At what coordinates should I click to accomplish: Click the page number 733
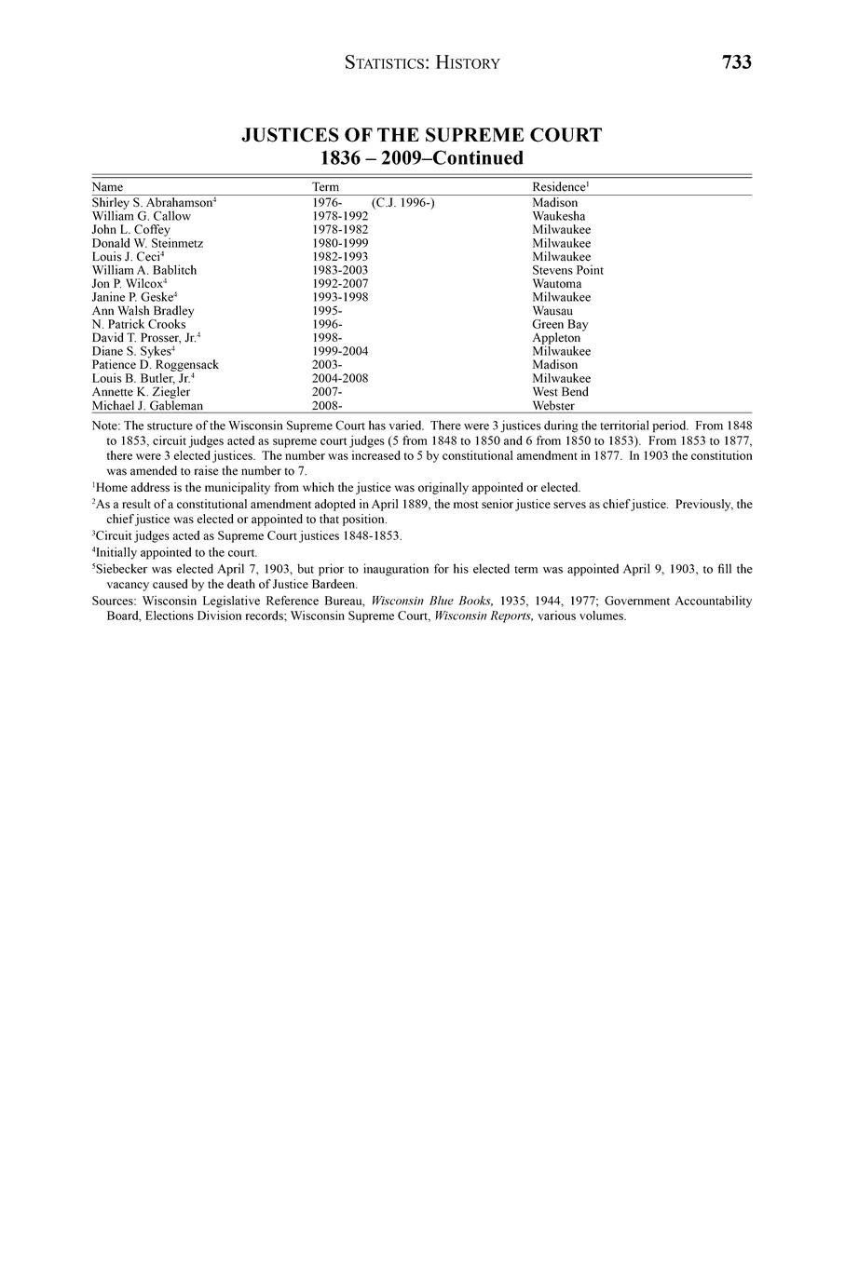[x=736, y=62]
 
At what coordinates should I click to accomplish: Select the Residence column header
[x=559, y=187]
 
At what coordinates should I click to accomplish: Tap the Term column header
[x=325, y=187]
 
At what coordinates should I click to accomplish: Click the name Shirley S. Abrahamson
[x=153, y=202]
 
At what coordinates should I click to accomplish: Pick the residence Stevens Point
[x=567, y=270]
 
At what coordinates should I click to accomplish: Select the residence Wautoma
[x=556, y=284]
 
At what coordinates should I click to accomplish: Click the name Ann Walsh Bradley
[x=143, y=311]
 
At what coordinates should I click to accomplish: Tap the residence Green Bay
[x=560, y=324]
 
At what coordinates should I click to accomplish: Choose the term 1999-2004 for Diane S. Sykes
[x=340, y=351]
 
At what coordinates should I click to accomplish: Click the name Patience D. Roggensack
[x=155, y=365]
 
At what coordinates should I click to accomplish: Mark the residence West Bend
[x=560, y=392]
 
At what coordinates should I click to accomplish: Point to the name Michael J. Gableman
[x=147, y=406]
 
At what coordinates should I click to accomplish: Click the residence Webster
[x=553, y=406]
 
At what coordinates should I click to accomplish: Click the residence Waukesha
[x=559, y=216]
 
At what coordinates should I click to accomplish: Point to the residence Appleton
[x=556, y=338]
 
